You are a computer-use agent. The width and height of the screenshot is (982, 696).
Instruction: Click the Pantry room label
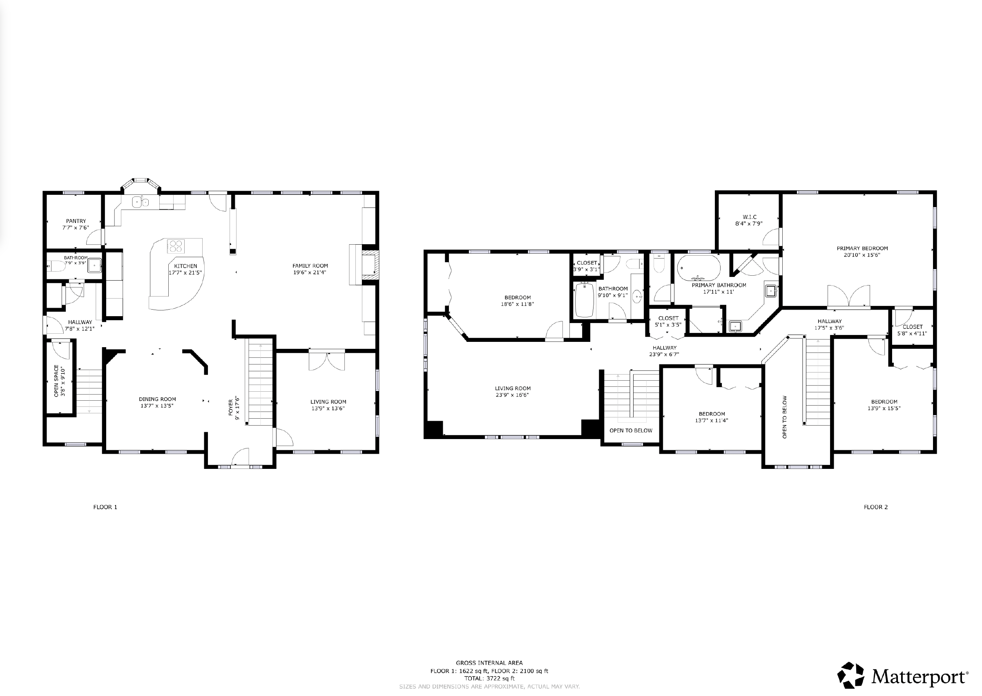point(76,221)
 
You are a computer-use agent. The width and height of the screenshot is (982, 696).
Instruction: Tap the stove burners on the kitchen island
point(176,246)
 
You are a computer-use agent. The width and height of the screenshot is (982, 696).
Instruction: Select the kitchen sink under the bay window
point(140,201)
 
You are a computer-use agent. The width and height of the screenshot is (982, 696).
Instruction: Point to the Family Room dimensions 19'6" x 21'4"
point(310,272)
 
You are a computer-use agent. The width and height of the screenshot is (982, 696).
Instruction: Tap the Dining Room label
point(157,399)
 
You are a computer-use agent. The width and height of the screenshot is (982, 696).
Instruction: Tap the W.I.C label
point(749,217)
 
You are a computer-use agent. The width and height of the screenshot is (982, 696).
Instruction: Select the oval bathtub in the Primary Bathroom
point(699,268)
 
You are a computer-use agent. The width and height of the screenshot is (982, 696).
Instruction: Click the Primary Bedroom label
point(862,248)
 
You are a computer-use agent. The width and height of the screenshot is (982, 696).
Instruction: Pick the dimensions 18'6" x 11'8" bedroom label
point(518,304)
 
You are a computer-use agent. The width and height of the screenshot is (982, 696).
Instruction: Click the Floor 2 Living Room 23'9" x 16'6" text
point(512,395)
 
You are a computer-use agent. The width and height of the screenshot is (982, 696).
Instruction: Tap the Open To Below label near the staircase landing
point(631,430)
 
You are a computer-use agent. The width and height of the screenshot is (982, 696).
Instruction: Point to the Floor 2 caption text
point(876,507)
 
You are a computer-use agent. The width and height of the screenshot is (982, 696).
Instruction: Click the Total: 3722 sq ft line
point(489,678)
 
